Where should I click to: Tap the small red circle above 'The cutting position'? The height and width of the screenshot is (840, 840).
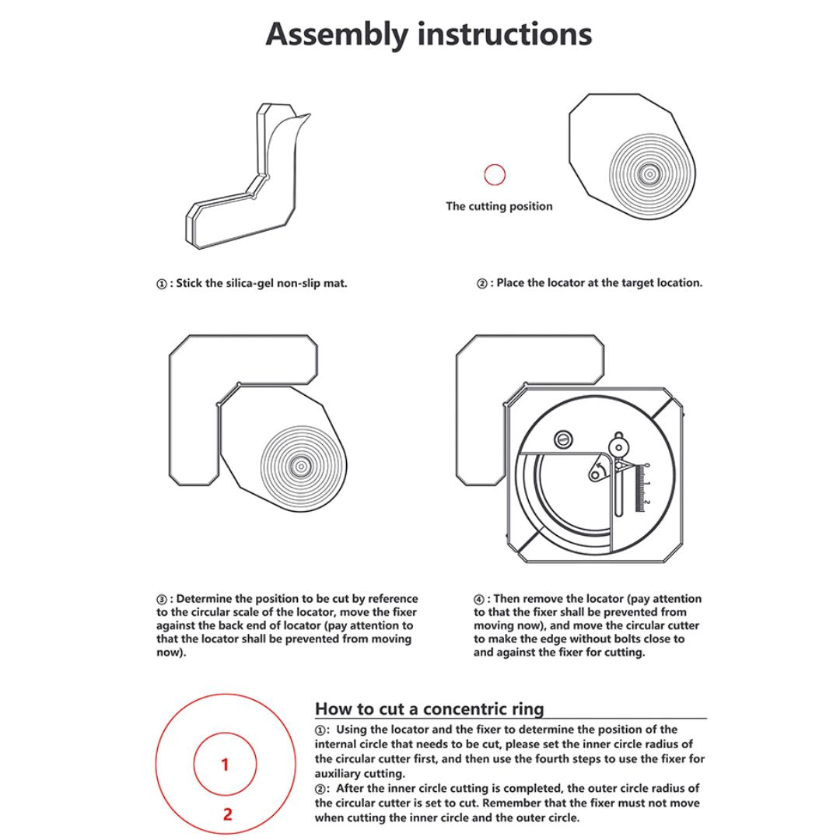point(495,174)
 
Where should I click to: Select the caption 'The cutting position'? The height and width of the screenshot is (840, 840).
point(499,206)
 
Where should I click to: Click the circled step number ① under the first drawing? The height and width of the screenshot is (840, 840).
point(162,284)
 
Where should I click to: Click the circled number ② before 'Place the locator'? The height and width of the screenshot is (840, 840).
point(481,283)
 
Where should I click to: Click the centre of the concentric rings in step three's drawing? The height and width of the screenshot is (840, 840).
point(299,465)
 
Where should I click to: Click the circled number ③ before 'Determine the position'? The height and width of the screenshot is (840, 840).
point(162,600)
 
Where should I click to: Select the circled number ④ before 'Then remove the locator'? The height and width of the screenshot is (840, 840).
point(479,600)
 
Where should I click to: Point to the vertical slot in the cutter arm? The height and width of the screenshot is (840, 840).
point(617,494)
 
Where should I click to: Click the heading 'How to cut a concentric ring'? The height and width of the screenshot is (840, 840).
point(429,709)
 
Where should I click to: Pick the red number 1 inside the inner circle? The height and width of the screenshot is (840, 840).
point(225,765)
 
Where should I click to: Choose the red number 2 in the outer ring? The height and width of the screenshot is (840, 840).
point(227,814)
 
